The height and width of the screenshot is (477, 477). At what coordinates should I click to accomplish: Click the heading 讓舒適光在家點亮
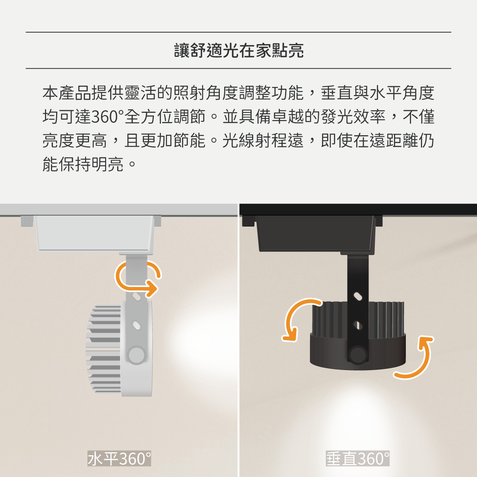coord(238,50)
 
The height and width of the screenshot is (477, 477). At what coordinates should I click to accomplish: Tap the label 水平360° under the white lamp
coord(119,458)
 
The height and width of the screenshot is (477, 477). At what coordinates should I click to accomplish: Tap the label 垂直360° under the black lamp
coord(357,458)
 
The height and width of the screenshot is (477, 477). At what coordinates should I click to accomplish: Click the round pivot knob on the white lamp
coord(136,355)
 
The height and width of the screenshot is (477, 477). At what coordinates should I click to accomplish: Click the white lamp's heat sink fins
coord(103,349)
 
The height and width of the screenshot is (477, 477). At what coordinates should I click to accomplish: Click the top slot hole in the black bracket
coord(358,297)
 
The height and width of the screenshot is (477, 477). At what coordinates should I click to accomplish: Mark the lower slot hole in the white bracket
coord(136,325)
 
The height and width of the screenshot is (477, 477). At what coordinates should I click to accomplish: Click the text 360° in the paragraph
coord(108,117)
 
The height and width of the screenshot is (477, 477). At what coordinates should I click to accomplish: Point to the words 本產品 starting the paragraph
coord(67,93)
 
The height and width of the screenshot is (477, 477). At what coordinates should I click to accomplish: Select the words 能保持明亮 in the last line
coord(83,164)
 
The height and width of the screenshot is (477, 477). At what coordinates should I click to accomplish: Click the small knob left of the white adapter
coord(27,221)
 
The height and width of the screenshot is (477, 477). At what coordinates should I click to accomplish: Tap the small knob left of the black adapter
coord(248,221)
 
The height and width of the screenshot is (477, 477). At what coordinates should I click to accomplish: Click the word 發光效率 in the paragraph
coord(353,117)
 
